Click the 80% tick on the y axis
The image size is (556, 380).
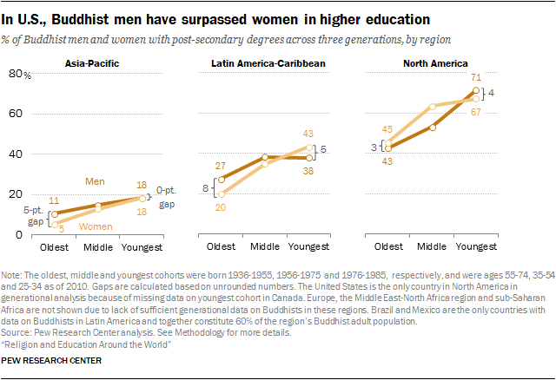click(15, 75)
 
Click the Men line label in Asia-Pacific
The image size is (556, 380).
click(96, 180)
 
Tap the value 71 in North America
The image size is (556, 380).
click(475, 78)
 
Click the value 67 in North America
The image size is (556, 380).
click(475, 112)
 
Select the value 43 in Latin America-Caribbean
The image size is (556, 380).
click(308, 133)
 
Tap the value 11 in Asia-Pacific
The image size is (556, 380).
click(54, 200)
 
